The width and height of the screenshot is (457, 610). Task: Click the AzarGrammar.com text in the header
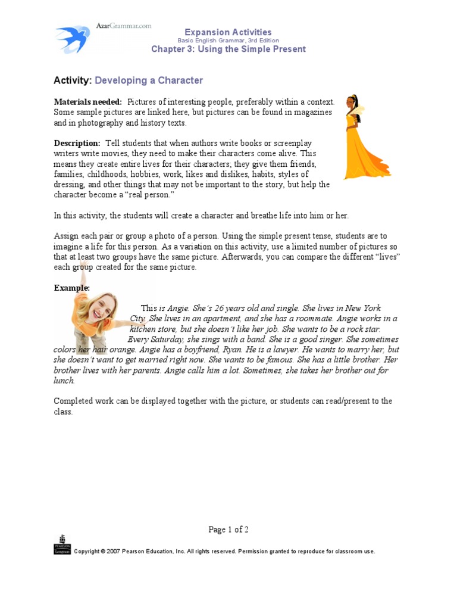click(124, 26)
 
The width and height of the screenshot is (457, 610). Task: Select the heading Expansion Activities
click(228, 32)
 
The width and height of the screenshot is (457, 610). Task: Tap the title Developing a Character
click(149, 80)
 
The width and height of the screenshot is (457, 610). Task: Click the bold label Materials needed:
click(88, 102)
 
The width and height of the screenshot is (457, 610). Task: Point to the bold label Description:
click(77, 144)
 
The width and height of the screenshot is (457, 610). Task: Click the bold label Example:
click(71, 288)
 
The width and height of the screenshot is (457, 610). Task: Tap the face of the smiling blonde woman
click(102, 307)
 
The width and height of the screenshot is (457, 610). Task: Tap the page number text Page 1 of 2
click(228, 530)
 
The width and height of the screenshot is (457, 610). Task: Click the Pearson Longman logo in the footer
click(62, 544)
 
